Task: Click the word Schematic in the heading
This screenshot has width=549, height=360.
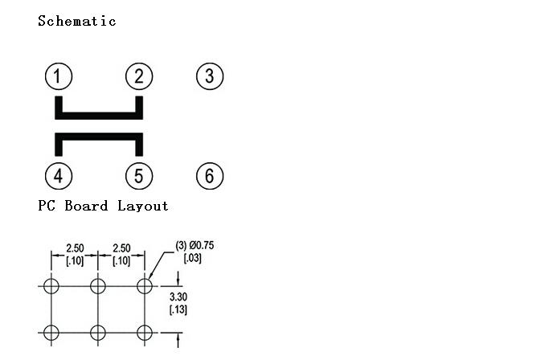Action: tap(77, 21)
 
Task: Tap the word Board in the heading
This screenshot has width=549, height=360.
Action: tap(86, 206)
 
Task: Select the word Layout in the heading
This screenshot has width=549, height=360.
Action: tap(143, 206)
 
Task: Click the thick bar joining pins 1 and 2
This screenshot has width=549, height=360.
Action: tap(99, 116)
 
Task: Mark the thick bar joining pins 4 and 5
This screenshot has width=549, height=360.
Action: tap(99, 137)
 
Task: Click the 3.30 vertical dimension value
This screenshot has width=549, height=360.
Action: tap(178, 297)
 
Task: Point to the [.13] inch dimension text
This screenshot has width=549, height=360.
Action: tap(178, 309)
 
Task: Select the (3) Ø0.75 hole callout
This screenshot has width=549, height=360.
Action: tap(195, 245)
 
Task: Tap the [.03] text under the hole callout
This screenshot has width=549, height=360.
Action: tap(193, 258)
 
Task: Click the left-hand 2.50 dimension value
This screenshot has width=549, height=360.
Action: tap(75, 248)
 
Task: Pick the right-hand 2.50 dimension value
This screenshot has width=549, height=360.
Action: tap(121, 248)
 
